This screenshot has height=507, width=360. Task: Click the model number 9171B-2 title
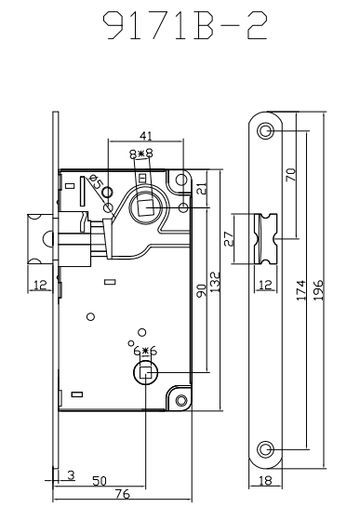tap(185, 25)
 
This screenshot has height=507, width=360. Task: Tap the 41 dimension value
tap(145, 136)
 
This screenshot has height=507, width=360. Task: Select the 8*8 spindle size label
tap(141, 153)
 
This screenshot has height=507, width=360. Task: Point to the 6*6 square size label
tap(145, 351)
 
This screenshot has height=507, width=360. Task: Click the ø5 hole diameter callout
tap(96, 182)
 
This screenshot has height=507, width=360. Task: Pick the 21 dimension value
tap(202, 189)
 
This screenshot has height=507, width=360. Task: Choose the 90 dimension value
tap(201, 291)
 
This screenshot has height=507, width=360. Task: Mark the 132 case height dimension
tap(215, 282)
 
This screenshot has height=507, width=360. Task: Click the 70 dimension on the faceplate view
tap(291, 175)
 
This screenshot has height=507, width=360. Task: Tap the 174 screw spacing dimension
tap(300, 290)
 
